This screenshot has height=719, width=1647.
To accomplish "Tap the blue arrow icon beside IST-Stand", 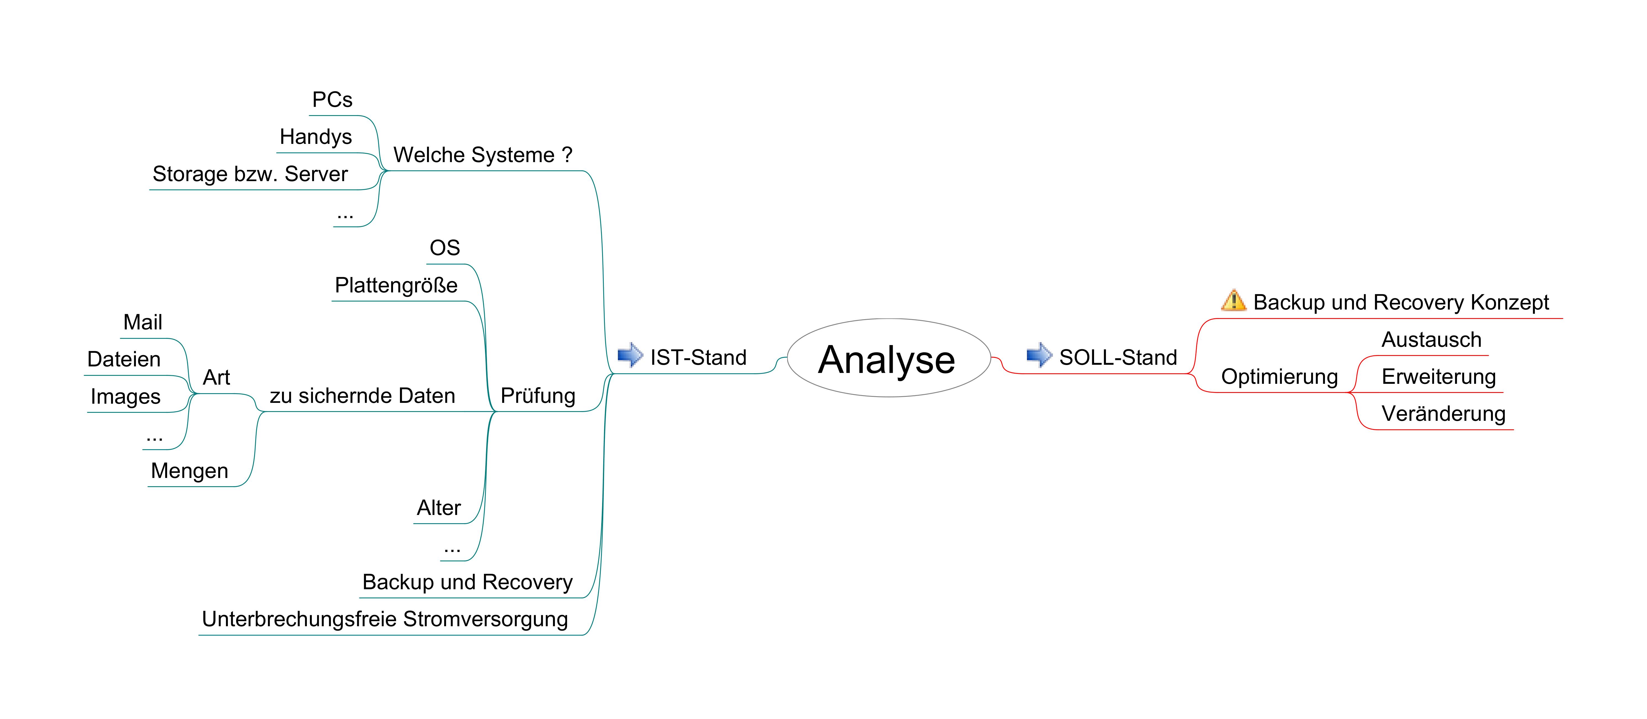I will click(x=630, y=355).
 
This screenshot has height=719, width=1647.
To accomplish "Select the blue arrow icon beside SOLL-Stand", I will click(x=1039, y=355).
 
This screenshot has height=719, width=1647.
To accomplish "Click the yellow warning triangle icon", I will click(x=1233, y=300).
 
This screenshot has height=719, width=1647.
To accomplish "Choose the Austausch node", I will click(x=1431, y=339).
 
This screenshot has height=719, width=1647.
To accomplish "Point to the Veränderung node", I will click(x=1443, y=414).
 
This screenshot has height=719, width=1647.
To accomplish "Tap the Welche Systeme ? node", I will click(x=483, y=155).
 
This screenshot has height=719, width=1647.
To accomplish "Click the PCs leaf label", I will click(x=332, y=100).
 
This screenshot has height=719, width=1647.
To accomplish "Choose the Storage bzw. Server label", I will click(x=250, y=174).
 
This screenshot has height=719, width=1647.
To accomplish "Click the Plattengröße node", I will click(x=396, y=285).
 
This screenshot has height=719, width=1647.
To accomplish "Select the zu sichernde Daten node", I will click(x=362, y=396).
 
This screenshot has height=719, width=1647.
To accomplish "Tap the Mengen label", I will click(x=189, y=470).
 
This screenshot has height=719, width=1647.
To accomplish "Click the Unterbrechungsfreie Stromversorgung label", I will click(x=384, y=619).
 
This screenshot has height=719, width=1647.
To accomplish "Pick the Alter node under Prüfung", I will click(x=439, y=507).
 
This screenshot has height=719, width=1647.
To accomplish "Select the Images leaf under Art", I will click(x=125, y=396).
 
